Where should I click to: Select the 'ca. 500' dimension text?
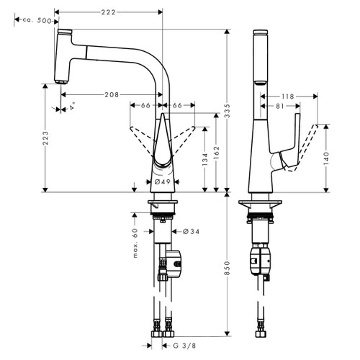pos(37,22)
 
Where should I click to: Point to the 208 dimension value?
pos(112,95)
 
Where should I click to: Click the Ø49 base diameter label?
pos(163,182)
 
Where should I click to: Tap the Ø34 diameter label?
pos(181,231)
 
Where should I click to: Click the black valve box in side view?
pos(260,261)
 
